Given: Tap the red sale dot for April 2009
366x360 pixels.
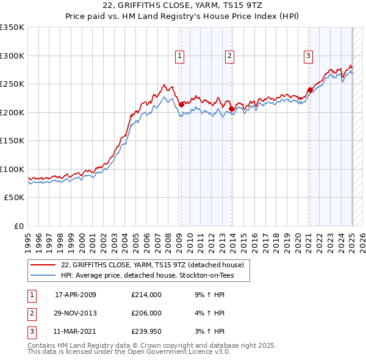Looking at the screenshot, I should point(181,105).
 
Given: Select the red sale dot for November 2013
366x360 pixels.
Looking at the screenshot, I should point(232,109).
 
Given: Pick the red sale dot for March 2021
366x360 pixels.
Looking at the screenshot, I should point(310,90).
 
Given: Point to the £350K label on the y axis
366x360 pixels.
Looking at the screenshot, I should point(12,27).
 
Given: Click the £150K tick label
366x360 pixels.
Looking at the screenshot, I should point(12,140).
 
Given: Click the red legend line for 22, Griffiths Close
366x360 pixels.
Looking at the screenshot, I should point(43,265).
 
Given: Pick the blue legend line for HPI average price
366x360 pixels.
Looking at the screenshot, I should point(43,276).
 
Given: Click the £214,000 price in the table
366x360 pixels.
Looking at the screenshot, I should point(146,295).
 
